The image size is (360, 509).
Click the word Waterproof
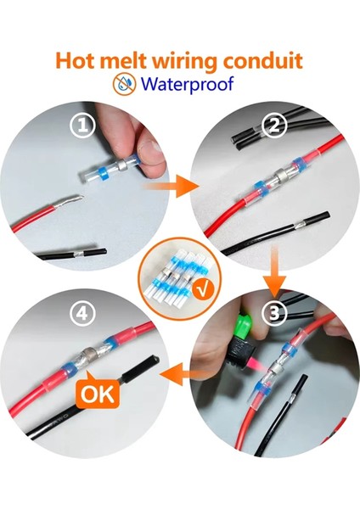188,84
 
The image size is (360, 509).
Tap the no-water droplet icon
125,84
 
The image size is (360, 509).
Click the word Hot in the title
74,60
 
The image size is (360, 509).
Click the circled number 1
83,126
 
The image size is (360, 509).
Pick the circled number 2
274,126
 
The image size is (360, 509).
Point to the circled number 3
274,314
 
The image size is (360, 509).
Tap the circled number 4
82,314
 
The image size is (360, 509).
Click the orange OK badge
98,392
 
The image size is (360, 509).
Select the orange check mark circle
203,288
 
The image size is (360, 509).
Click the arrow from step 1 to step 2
171,187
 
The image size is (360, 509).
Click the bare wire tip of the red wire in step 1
69,202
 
